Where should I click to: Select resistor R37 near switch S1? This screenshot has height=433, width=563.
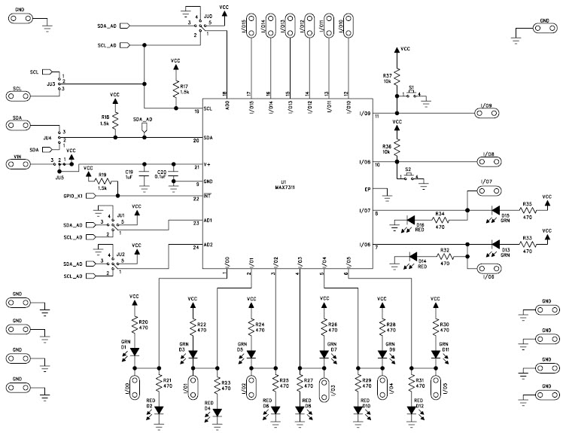[397, 78]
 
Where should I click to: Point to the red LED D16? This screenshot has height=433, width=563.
[409, 220]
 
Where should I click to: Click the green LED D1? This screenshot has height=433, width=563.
[134, 350]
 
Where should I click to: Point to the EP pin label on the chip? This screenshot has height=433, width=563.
[368, 189]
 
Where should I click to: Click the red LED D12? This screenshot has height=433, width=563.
[410, 410]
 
